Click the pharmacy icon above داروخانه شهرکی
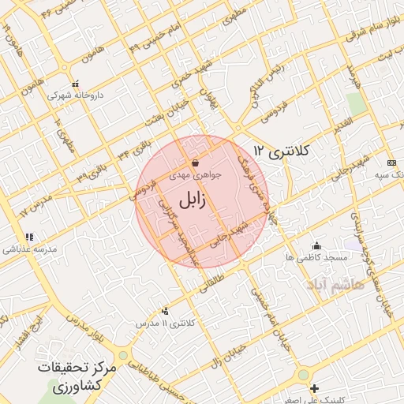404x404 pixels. pyautogui.click(x=75, y=84)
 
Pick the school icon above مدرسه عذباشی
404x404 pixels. pyautogui.click(x=29, y=237)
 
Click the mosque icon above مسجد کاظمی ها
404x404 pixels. pyautogui.click(x=316, y=246)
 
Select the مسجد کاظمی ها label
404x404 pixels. pyautogui.click(x=317, y=258)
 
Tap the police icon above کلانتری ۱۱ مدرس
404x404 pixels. pyautogui.click(x=164, y=312)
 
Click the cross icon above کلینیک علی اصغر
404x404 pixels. pyautogui.click(x=315, y=388)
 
